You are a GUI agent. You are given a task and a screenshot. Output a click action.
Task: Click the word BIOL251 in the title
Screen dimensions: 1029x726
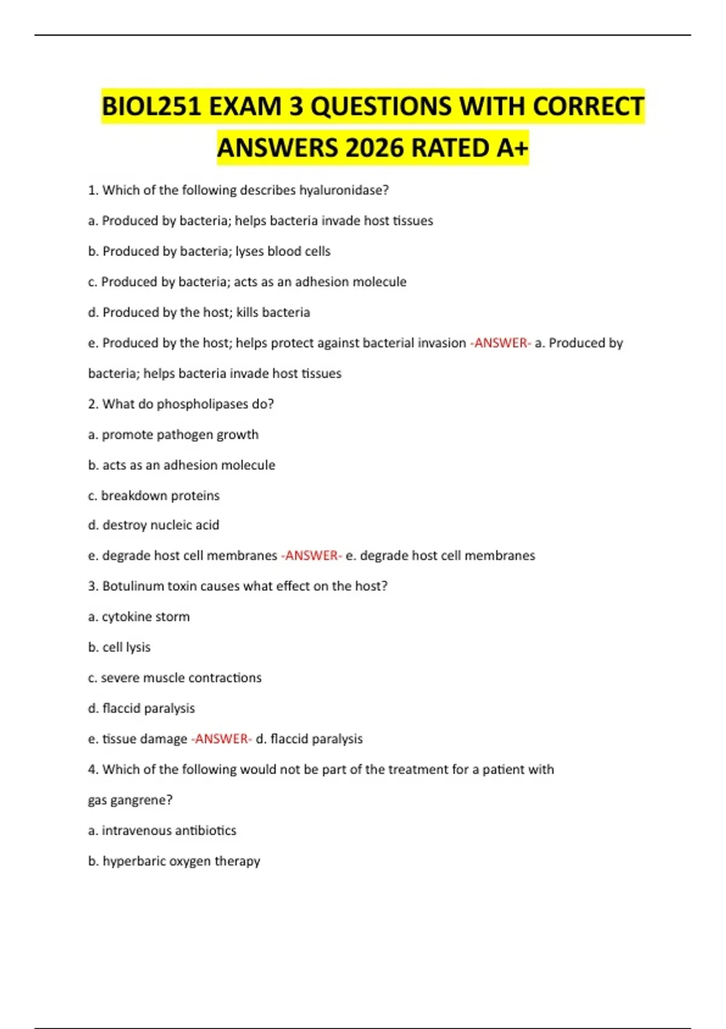pos(151,107)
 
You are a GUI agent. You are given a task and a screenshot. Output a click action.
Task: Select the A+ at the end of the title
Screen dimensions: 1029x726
pos(512,148)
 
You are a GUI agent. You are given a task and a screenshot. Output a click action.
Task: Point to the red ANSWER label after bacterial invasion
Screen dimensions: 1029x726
pos(500,343)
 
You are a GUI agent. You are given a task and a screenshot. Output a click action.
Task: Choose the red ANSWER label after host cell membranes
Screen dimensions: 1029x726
pos(311,556)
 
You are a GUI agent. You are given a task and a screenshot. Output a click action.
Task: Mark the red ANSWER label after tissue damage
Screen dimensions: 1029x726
pos(221,739)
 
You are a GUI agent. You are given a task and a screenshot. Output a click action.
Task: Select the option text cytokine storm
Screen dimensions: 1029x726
pos(145,617)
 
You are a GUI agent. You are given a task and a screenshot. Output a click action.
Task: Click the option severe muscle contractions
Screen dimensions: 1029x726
pos(181,678)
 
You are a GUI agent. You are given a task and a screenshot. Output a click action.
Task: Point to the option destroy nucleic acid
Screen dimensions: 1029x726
pos(160,525)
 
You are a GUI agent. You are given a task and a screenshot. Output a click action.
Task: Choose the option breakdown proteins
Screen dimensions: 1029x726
pos(160,496)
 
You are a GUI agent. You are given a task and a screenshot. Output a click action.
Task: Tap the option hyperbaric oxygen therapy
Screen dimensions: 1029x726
pos(181,861)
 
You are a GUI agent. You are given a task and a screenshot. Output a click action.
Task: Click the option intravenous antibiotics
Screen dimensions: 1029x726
pos(169,830)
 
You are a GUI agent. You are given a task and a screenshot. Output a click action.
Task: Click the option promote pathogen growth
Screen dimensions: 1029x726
pos(180,435)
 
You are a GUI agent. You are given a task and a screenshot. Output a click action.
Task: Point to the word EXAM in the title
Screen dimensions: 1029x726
pos(244,107)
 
